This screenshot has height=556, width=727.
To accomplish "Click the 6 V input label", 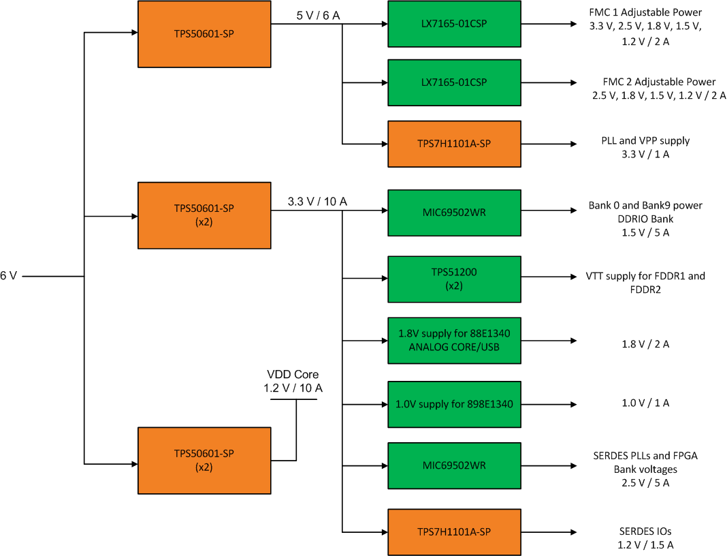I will pyautogui.click(x=9, y=276).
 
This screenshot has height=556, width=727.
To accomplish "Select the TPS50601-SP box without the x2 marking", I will pyautogui.click(x=204, y=33).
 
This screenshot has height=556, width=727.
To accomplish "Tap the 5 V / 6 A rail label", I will pyautogui.click(x=317, y=15).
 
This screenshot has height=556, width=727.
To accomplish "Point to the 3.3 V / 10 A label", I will pyautogui.click(x=317, y=201).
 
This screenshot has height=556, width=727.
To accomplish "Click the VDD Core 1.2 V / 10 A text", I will pyautogui.click(x=293, y=382).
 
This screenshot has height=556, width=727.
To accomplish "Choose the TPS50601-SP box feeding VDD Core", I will pyautogui.click(x=204, y=460).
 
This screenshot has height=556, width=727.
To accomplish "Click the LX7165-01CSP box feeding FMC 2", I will pyautogui.click(x=454, y=82).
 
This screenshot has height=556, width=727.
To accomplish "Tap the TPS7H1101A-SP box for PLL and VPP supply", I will pyautogui.click(x=454, y=144).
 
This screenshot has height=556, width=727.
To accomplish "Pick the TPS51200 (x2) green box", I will pyautogui.click(x=454, y=279).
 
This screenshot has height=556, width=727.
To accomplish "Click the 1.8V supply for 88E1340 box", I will pyautogui.click(x=454, y=340).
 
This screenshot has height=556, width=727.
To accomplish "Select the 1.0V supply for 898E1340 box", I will pyautogui.click(x=454, y=404).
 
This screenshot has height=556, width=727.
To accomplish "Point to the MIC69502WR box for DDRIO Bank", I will pyautogui.click(x=454, y=213).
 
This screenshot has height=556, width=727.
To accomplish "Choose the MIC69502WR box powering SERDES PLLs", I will pyautogui.click(x=454, y=465).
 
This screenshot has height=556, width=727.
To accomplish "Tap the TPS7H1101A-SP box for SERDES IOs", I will pyautogui.click(x=454, y=531).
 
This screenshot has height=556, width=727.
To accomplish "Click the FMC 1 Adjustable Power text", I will pyautogui.click(x=645, y=12).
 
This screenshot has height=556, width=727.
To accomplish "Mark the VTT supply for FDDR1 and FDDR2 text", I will pyautogui.click(x=645, y=282).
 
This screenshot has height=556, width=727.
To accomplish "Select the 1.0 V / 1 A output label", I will pyautogui.click(x=645, y=403).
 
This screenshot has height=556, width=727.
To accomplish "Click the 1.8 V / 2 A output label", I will pyautogui.click(x=645, y=343).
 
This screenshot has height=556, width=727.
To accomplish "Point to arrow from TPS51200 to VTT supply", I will pyautogui.click(x=548, y=277).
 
